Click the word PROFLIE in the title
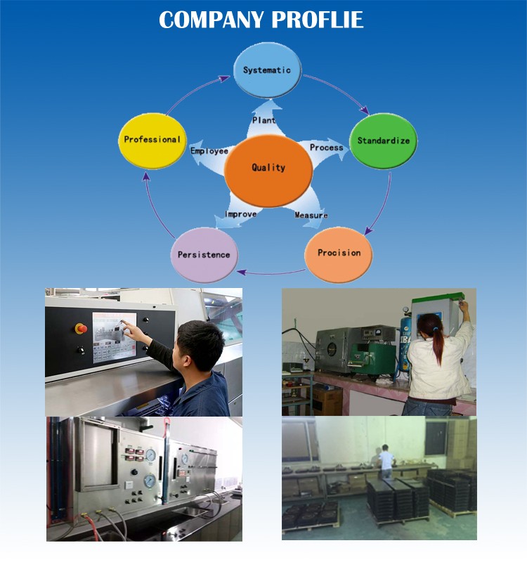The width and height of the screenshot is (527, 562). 318,19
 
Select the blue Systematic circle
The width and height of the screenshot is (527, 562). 266,70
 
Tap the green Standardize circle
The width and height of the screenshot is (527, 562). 383,140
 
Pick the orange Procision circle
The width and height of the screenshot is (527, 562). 339,253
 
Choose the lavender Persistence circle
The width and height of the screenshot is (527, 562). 204,254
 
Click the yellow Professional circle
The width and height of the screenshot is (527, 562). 152,140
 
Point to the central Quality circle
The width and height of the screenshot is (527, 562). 268,168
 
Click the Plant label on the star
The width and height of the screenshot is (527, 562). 263,121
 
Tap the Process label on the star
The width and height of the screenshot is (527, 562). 326,148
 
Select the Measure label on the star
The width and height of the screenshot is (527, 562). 311,215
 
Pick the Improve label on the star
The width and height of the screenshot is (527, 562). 240,214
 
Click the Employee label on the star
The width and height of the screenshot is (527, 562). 209,151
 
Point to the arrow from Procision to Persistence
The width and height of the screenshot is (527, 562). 271,271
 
